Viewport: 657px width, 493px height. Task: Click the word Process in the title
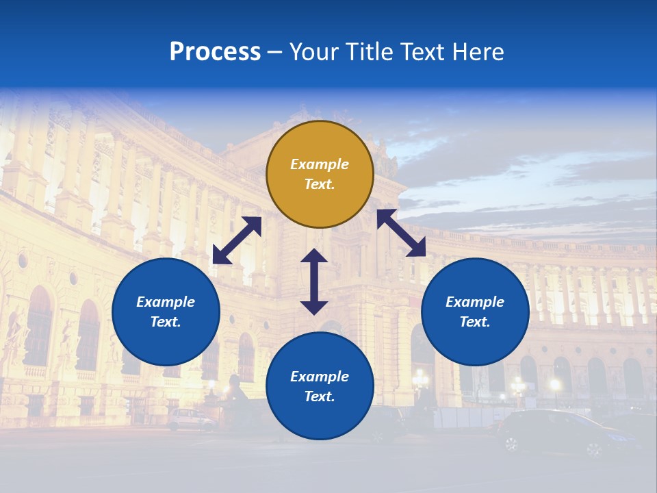tap(215, 52)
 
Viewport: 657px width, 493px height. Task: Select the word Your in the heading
tap(313, 52)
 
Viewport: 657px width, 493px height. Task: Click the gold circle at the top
tap(320, 175)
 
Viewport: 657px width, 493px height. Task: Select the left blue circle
tap(166, 312)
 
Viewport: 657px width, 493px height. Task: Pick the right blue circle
tap(475, 312)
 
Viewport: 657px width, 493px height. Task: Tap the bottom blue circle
tap(320, 386)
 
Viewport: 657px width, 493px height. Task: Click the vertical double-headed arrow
tap(314, 281)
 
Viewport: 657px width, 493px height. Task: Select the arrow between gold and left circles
tap(237, 240)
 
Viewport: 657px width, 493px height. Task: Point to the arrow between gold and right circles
tap(402, 233)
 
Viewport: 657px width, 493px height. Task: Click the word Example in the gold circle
tap(320, 164)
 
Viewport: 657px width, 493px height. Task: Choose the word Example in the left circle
tap(166, 302)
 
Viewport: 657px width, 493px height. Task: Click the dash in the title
tap(275, 52)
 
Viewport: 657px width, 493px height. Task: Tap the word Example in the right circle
tap(475, 302)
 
